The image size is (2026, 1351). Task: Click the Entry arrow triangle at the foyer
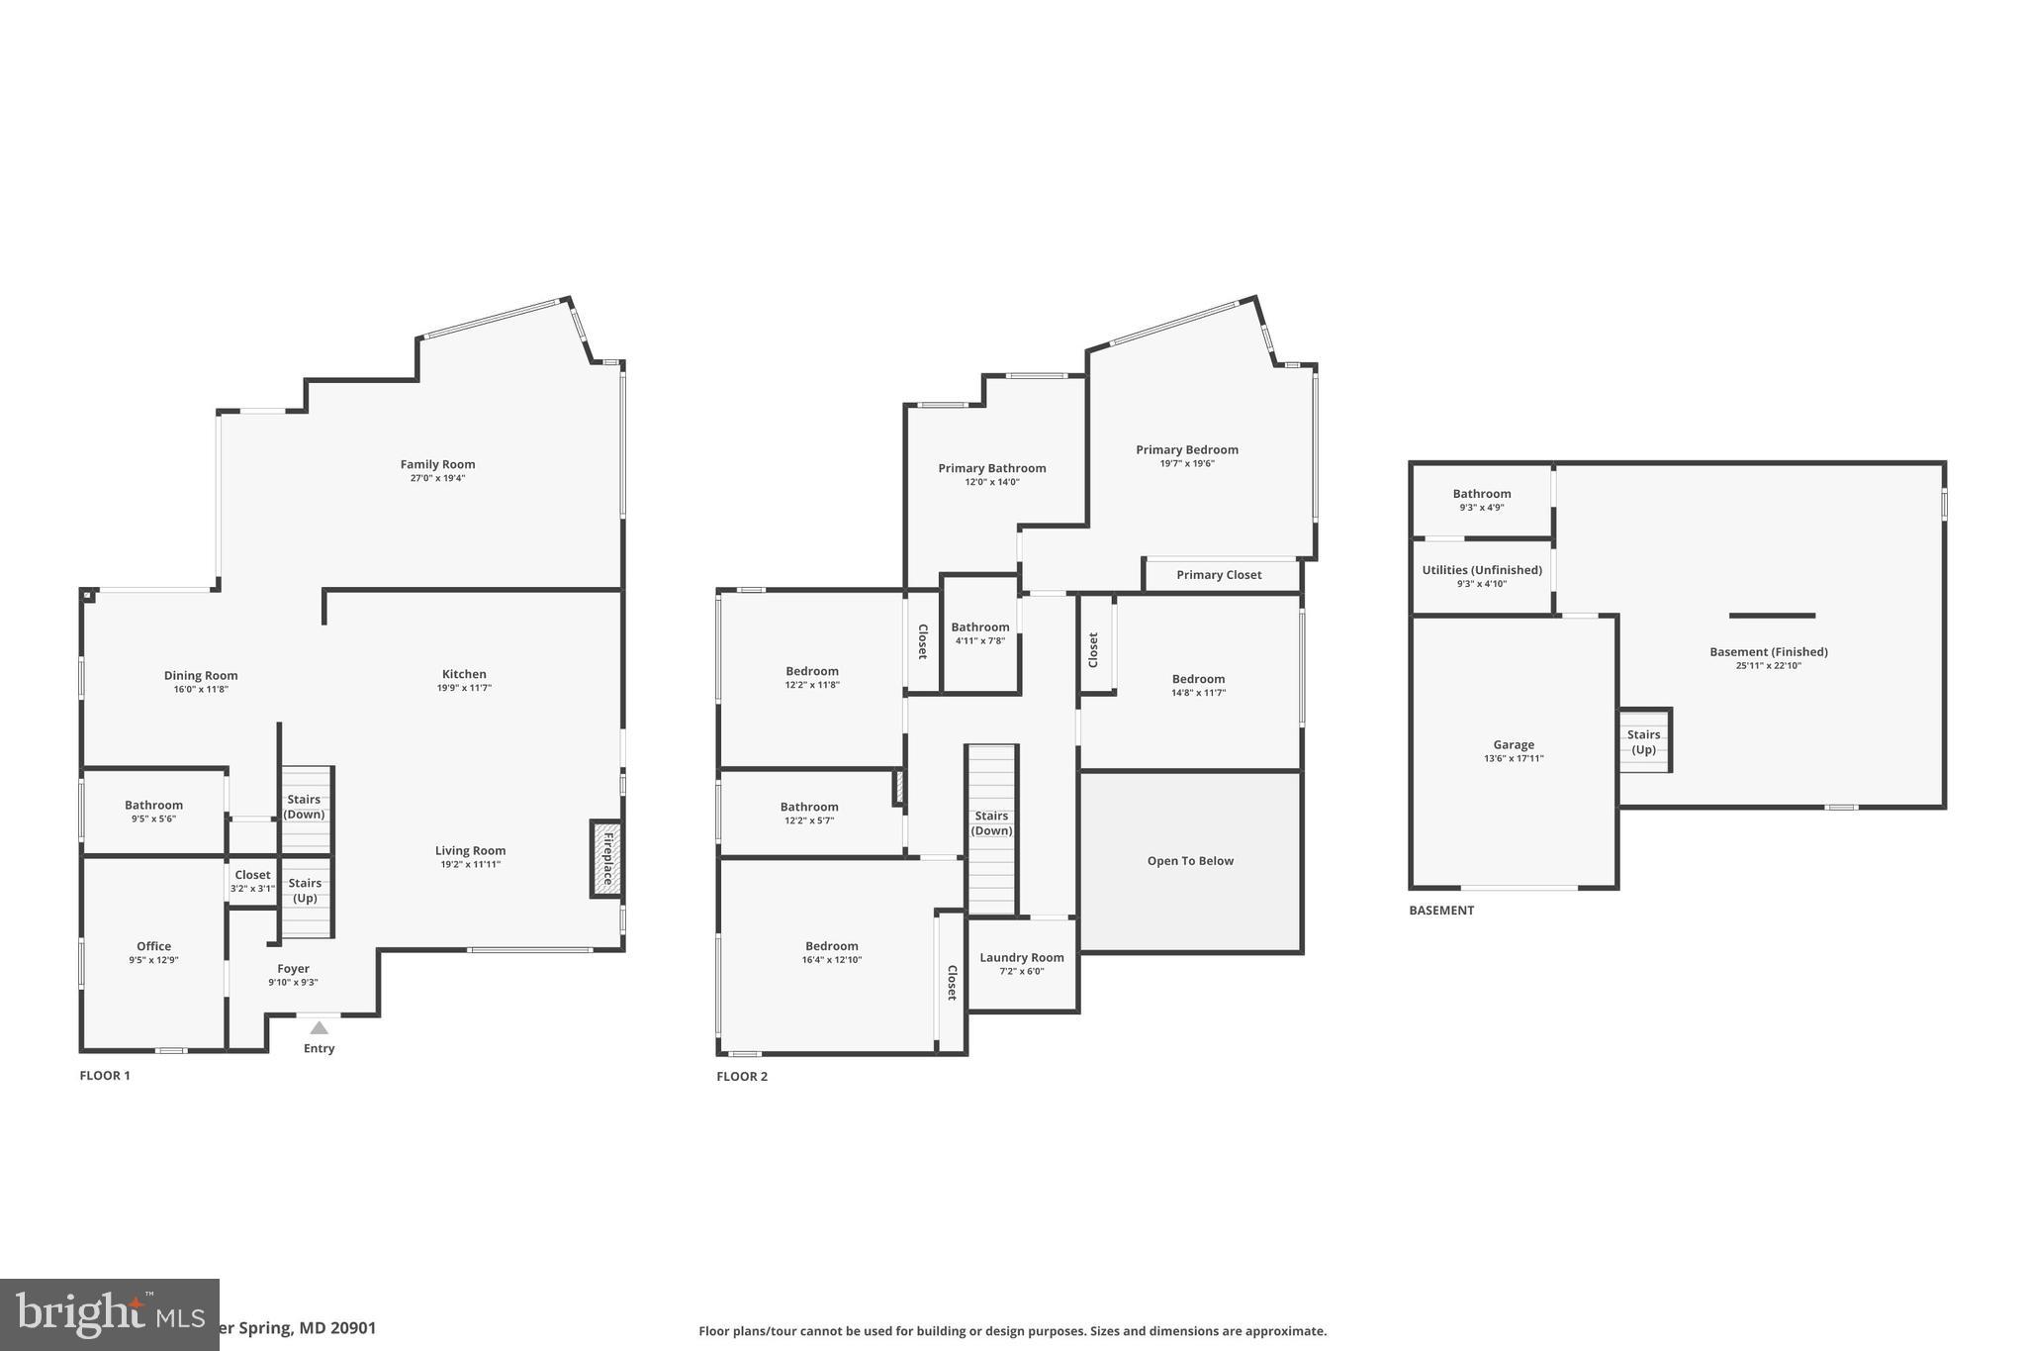(319, 1028)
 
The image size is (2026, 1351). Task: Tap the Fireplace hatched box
(606, 858)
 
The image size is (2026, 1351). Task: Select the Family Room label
(437, 464)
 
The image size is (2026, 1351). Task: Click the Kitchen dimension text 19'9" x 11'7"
(464, 688)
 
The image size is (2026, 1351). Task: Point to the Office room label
(153, 946)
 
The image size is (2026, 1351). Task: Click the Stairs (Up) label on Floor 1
(305, 890)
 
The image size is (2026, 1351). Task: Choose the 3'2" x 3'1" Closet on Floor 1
(252, 881)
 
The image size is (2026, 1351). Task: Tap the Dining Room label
(201, 676)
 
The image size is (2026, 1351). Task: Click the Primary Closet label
(1219, 575)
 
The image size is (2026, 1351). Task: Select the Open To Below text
(1190, 861)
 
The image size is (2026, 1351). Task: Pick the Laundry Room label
(1022, 957)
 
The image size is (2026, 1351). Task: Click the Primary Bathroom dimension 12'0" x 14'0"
(992, 483)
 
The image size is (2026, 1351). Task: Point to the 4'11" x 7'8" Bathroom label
(980, 627)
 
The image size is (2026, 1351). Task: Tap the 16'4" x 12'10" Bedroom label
(831, 946)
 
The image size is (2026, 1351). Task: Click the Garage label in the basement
(1514, 745)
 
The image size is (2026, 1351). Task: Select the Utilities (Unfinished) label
(1482, 570)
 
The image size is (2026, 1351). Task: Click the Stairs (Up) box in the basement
(1644, 741)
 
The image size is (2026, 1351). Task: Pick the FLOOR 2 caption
(742, 1077)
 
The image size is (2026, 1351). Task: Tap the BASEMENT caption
(1441, 911)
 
